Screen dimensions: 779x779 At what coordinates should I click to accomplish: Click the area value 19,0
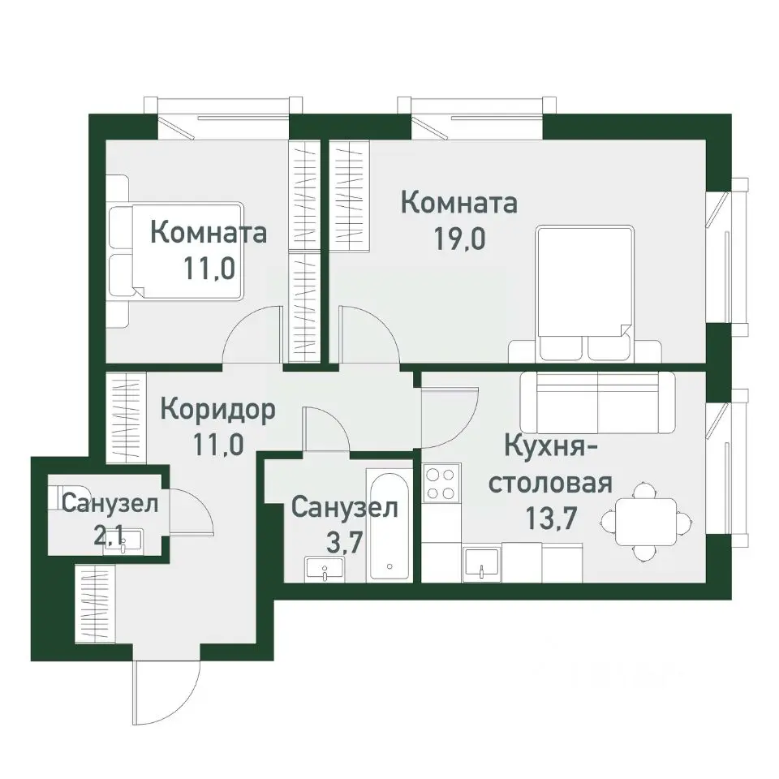[459, 240]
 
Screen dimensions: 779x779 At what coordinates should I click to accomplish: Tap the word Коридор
[217, 409]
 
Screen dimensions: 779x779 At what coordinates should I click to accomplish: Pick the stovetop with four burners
[441, 484]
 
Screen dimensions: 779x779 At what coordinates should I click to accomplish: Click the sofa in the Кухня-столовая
[597, 402]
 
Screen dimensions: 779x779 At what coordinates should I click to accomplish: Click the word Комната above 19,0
[459, 203]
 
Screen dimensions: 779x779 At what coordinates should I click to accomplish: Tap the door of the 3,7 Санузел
[325, 428]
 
